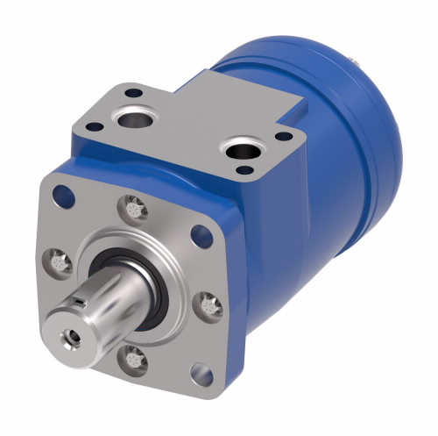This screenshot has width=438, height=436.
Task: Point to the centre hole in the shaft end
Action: (x=67, y=334)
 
